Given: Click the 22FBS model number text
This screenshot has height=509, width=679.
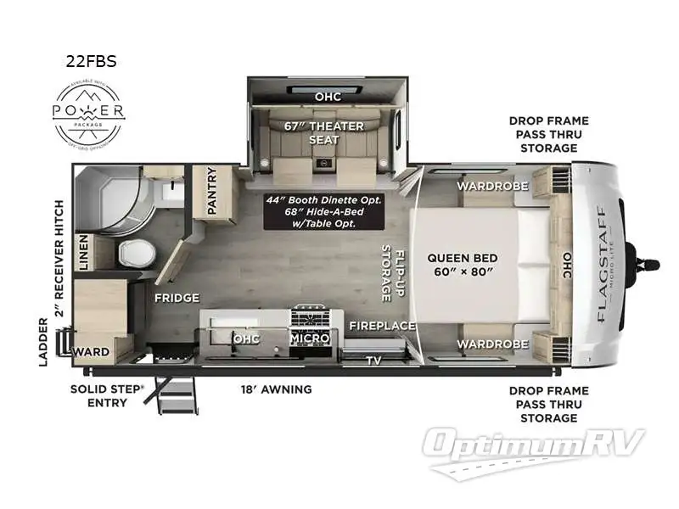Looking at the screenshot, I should (92, 61).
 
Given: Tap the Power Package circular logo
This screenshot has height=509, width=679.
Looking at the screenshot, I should (89, 113).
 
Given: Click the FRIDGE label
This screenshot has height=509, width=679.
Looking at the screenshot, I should (177, 298).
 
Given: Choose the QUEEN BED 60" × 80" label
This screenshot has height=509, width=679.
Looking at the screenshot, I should (463, 265).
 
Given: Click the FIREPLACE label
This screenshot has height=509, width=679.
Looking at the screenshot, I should (382, 326).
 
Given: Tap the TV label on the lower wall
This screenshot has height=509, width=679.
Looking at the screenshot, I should (373, 360).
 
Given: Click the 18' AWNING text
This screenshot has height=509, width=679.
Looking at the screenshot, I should (278, 389).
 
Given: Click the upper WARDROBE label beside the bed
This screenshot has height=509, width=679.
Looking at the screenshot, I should (493, 186).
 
